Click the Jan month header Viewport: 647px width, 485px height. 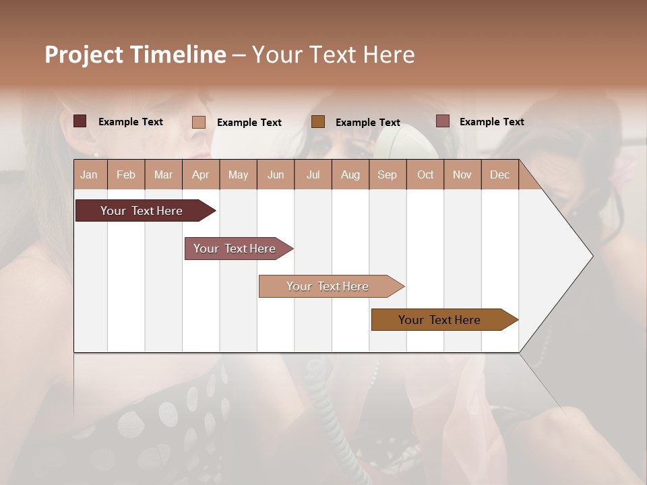point(90,174)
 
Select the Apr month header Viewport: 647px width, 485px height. point(201,174)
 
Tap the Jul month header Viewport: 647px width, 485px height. point(313,174)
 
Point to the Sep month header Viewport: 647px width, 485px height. point(388,174)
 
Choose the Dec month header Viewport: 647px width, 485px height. point(499,174)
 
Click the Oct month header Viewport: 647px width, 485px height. point(425,174)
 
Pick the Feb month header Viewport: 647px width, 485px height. point(126,174)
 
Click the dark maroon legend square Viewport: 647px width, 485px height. point(80,121)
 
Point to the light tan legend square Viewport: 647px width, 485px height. point(199,122)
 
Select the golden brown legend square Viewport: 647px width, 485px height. point(318,121)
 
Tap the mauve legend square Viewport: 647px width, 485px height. point(442,121)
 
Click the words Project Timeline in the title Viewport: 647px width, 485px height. point(135,55)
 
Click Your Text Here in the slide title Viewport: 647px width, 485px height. point(333,55)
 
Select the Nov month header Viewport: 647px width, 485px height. point(462,174)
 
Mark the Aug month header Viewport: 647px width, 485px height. point(350,174)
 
